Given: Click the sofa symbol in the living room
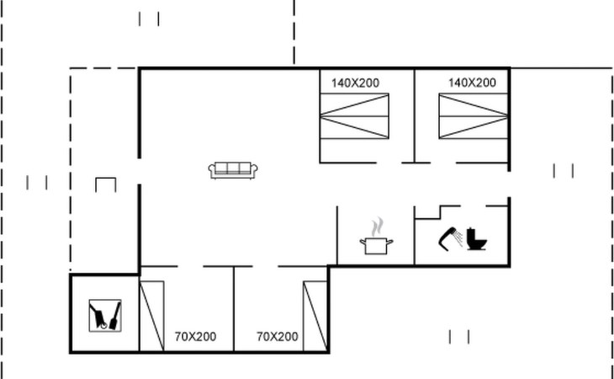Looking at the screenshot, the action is point(233,170).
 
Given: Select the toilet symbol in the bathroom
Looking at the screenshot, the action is point(477,238).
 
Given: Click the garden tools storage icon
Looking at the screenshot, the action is point(105,316).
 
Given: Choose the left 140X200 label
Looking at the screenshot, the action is point(355,83).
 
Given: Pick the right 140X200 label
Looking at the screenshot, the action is point(472,83).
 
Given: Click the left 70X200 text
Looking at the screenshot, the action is point(195,337).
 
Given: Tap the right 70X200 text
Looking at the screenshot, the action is point(278,337).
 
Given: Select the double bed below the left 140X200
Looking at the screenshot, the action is point(354,116).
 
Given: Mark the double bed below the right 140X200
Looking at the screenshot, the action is point(474,116).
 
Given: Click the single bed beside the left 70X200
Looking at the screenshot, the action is point(152,316).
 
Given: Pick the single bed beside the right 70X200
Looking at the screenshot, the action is point(315,316).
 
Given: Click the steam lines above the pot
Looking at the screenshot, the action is point(377,227).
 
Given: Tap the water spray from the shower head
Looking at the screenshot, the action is point(459,238).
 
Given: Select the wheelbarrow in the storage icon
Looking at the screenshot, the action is point(98,317).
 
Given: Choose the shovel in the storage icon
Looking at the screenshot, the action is point(115,316).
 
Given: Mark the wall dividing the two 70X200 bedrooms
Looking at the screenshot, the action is point(234,309).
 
